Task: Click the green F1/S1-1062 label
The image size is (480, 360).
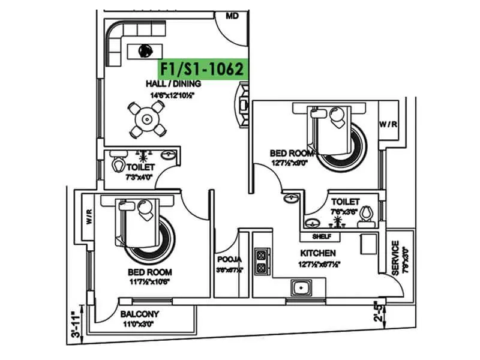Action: pos(202,69)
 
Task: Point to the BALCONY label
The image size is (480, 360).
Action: pos(139,314)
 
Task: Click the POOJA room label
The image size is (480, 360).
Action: pos(229,260)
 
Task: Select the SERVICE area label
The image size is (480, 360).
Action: pos(395,259)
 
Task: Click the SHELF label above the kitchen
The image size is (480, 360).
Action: pos(322,237)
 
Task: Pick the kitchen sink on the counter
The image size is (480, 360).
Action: pos(301,288)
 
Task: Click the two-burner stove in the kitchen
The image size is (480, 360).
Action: pos(262,263)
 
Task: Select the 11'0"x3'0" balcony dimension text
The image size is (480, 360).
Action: pos(139,324)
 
